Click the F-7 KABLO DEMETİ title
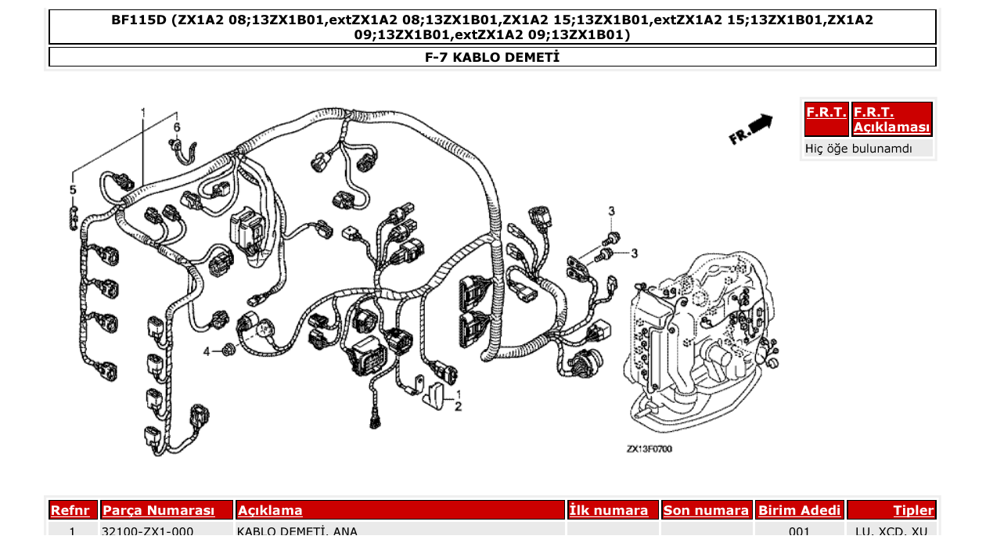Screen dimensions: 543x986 click(x=492, y=57)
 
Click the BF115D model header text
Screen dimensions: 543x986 click(x=492, y=27)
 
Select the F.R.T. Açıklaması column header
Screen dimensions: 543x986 click(x=891, y=120)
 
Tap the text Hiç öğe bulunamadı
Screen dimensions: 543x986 click(x=858, y=148)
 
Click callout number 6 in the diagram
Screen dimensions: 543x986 click(x=177, y=127)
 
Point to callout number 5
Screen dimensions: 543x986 click(x=73, y=190)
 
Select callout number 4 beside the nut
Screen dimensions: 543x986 click(x=207, y=352)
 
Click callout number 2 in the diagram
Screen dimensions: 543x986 click(x=459, y=406)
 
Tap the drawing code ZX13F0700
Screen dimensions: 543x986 click(x=649, y=449)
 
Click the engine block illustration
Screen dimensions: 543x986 click(x=700, y=336)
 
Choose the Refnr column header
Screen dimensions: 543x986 click(x=73, y=510)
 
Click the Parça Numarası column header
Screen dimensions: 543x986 click(x=159, y=510)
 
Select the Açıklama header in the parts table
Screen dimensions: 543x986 click(x=270, y=510)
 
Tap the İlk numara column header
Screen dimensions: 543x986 click(x=609, y=510)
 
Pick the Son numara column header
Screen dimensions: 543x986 click(x=706, y=510)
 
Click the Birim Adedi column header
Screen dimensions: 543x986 click(x=799, y=510)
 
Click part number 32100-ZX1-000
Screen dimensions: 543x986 click(x=148, y=532)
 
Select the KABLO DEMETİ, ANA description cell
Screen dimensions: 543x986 click(x=297, y=532)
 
